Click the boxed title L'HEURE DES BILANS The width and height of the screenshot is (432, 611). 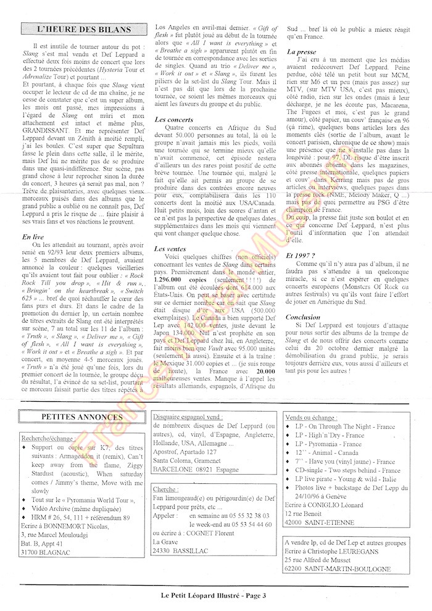pyautogui.click(x=84, y=29)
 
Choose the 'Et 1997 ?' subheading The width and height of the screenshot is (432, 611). pyautogui.click(x=302, y=254)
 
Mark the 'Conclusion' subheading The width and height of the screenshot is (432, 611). pyautogui.click(x=304, y=317)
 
